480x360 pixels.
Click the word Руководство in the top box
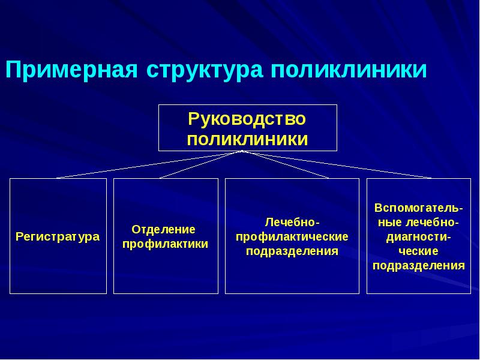[247, 119]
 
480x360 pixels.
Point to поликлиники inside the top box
[247, 139]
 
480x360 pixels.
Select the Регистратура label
[58, 236]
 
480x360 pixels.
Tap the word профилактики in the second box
[166, 244]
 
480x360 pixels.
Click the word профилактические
[292, 236]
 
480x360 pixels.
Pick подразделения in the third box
[292, 251]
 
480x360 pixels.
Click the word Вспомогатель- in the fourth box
[418, 208]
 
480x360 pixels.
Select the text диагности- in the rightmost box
[418, 236]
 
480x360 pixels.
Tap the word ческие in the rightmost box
[418, 251]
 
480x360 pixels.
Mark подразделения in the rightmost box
[418, 265]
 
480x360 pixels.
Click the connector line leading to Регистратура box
[149, 165]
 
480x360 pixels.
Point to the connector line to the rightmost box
[336, 165]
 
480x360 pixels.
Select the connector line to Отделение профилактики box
[201, 165]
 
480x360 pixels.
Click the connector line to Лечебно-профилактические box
[285, 165]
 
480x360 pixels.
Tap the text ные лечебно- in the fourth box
[418, 222]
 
